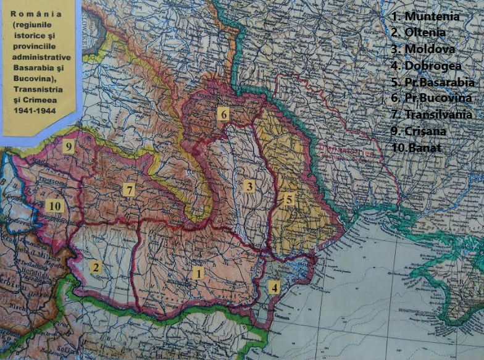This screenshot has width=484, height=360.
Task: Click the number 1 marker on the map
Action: tap(198, 272)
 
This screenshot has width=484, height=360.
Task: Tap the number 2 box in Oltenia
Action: tap(96, 267)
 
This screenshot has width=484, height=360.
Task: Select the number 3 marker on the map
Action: tap(249, 186)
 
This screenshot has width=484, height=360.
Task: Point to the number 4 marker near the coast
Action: tap(274, 287)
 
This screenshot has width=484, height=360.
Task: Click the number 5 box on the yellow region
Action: tap(288, 200)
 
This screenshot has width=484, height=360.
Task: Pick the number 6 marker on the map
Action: tap(223, 114)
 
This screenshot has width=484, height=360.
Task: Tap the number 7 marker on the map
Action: tap(128, 190)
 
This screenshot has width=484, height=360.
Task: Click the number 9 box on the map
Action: tap(68, 146)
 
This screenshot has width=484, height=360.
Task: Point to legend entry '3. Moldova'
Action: tap(423, 49)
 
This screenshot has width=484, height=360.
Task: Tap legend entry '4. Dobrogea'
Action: tap(426, 65)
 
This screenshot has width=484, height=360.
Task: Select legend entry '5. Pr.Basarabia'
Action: tap(432, 82)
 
